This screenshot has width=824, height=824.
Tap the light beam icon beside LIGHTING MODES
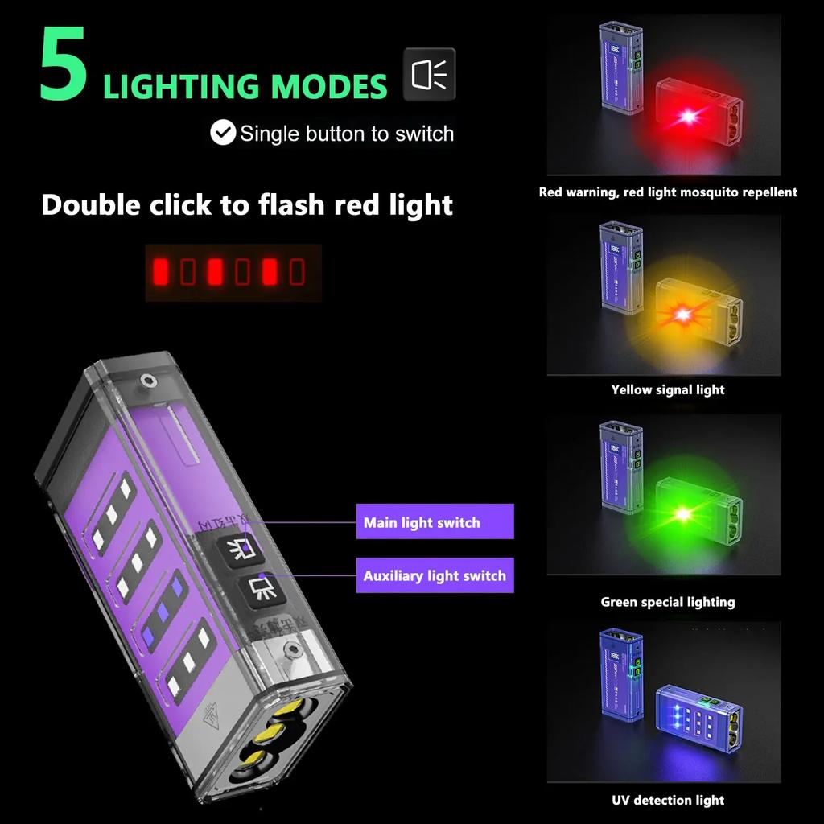click(429, 74)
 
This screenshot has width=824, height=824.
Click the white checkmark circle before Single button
click(223, 133)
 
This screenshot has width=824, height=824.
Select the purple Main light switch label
click(435, 522)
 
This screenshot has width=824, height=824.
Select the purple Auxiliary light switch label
click(435, 575)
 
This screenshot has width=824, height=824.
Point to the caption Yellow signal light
click(668, 390)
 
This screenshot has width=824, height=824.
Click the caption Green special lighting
click(668, 602)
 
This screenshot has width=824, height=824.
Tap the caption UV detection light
click(668, 800)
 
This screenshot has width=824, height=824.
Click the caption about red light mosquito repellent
click(668, 192)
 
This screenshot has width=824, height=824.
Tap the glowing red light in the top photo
click(688, 117)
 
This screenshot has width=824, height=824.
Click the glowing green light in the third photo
click(682, 513)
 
